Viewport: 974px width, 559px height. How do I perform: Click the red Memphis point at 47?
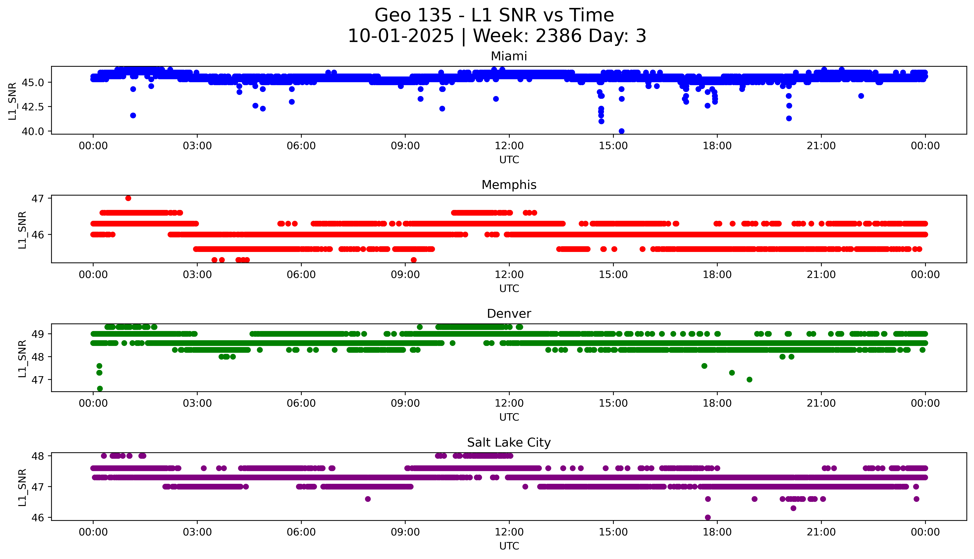128,198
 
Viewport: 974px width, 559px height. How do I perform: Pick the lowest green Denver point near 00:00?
100,389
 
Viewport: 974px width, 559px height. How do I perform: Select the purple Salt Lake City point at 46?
708,517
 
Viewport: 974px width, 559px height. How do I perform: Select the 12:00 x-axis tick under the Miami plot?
509,146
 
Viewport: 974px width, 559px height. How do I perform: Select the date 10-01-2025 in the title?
401,36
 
